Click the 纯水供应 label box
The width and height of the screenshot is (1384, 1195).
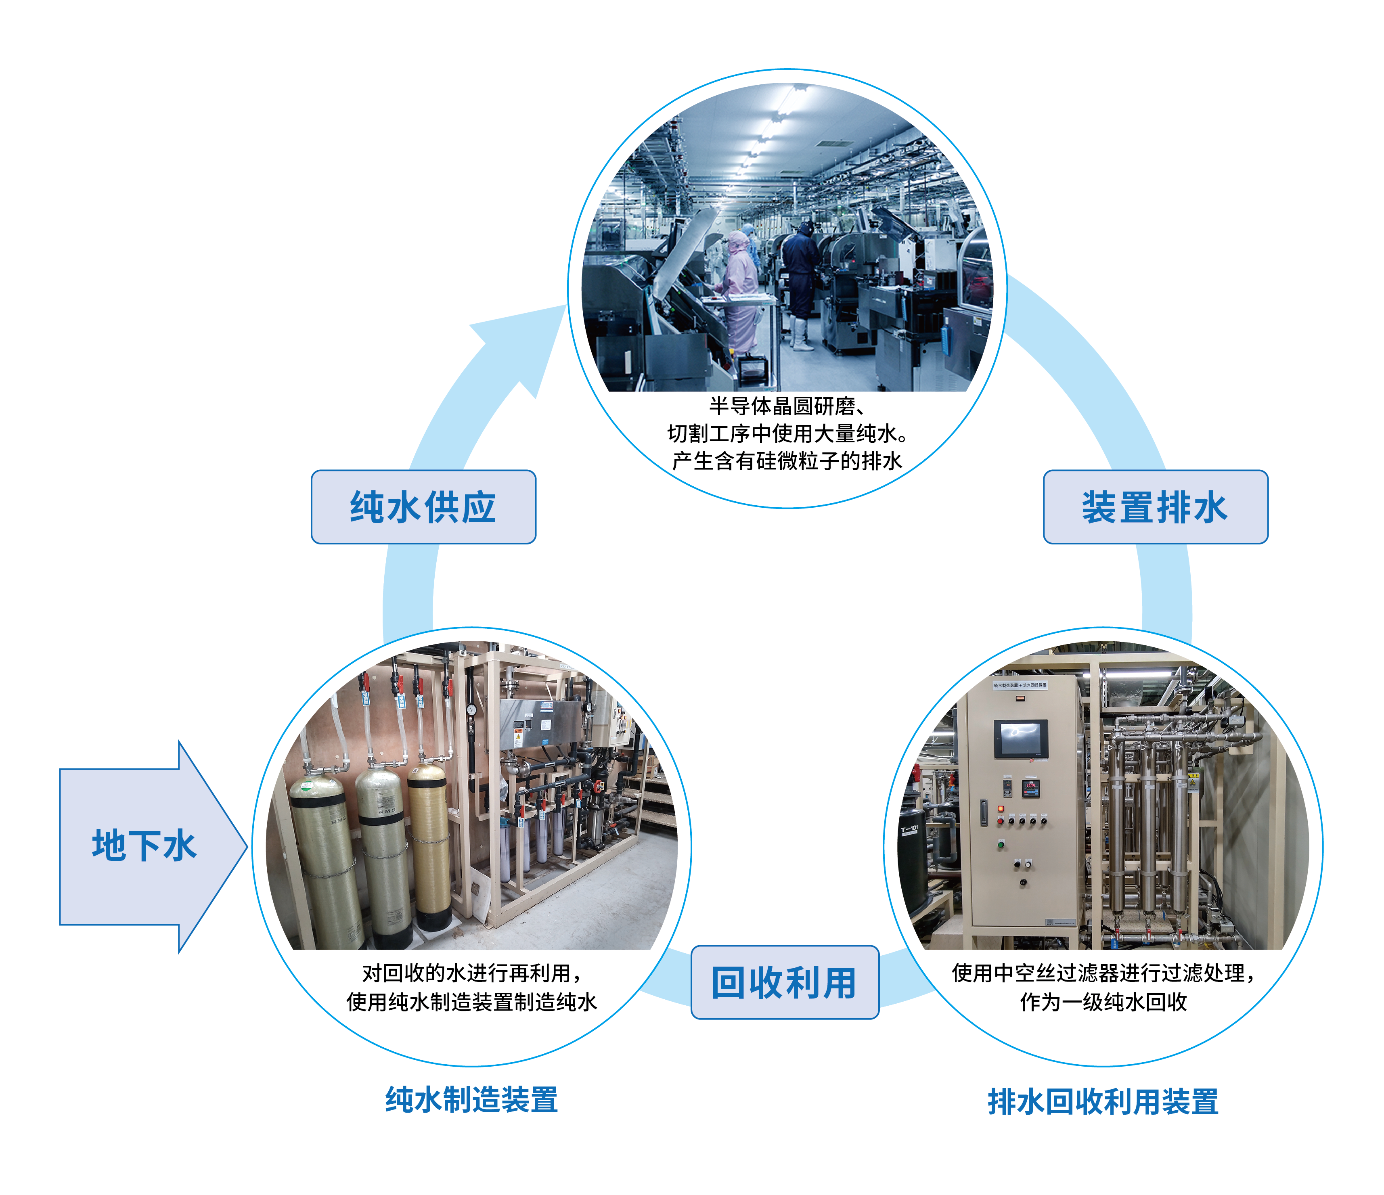[423, 507]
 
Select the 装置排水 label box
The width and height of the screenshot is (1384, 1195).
[1155, 507]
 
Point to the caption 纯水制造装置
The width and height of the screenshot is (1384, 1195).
[471, 1099]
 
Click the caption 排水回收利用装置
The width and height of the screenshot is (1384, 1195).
[1103, 1101]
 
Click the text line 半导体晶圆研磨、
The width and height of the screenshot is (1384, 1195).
[786, 406]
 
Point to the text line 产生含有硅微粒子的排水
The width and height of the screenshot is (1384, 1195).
[786, 461]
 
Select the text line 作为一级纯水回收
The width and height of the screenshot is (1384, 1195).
[1103, 1002]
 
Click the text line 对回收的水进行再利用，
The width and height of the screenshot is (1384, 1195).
[471, 973]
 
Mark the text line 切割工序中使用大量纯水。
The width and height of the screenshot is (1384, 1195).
[786, 433]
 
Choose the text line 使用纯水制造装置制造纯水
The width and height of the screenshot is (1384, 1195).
[471, 1002]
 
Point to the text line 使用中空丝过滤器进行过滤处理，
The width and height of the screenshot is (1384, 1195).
[1103, 973]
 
